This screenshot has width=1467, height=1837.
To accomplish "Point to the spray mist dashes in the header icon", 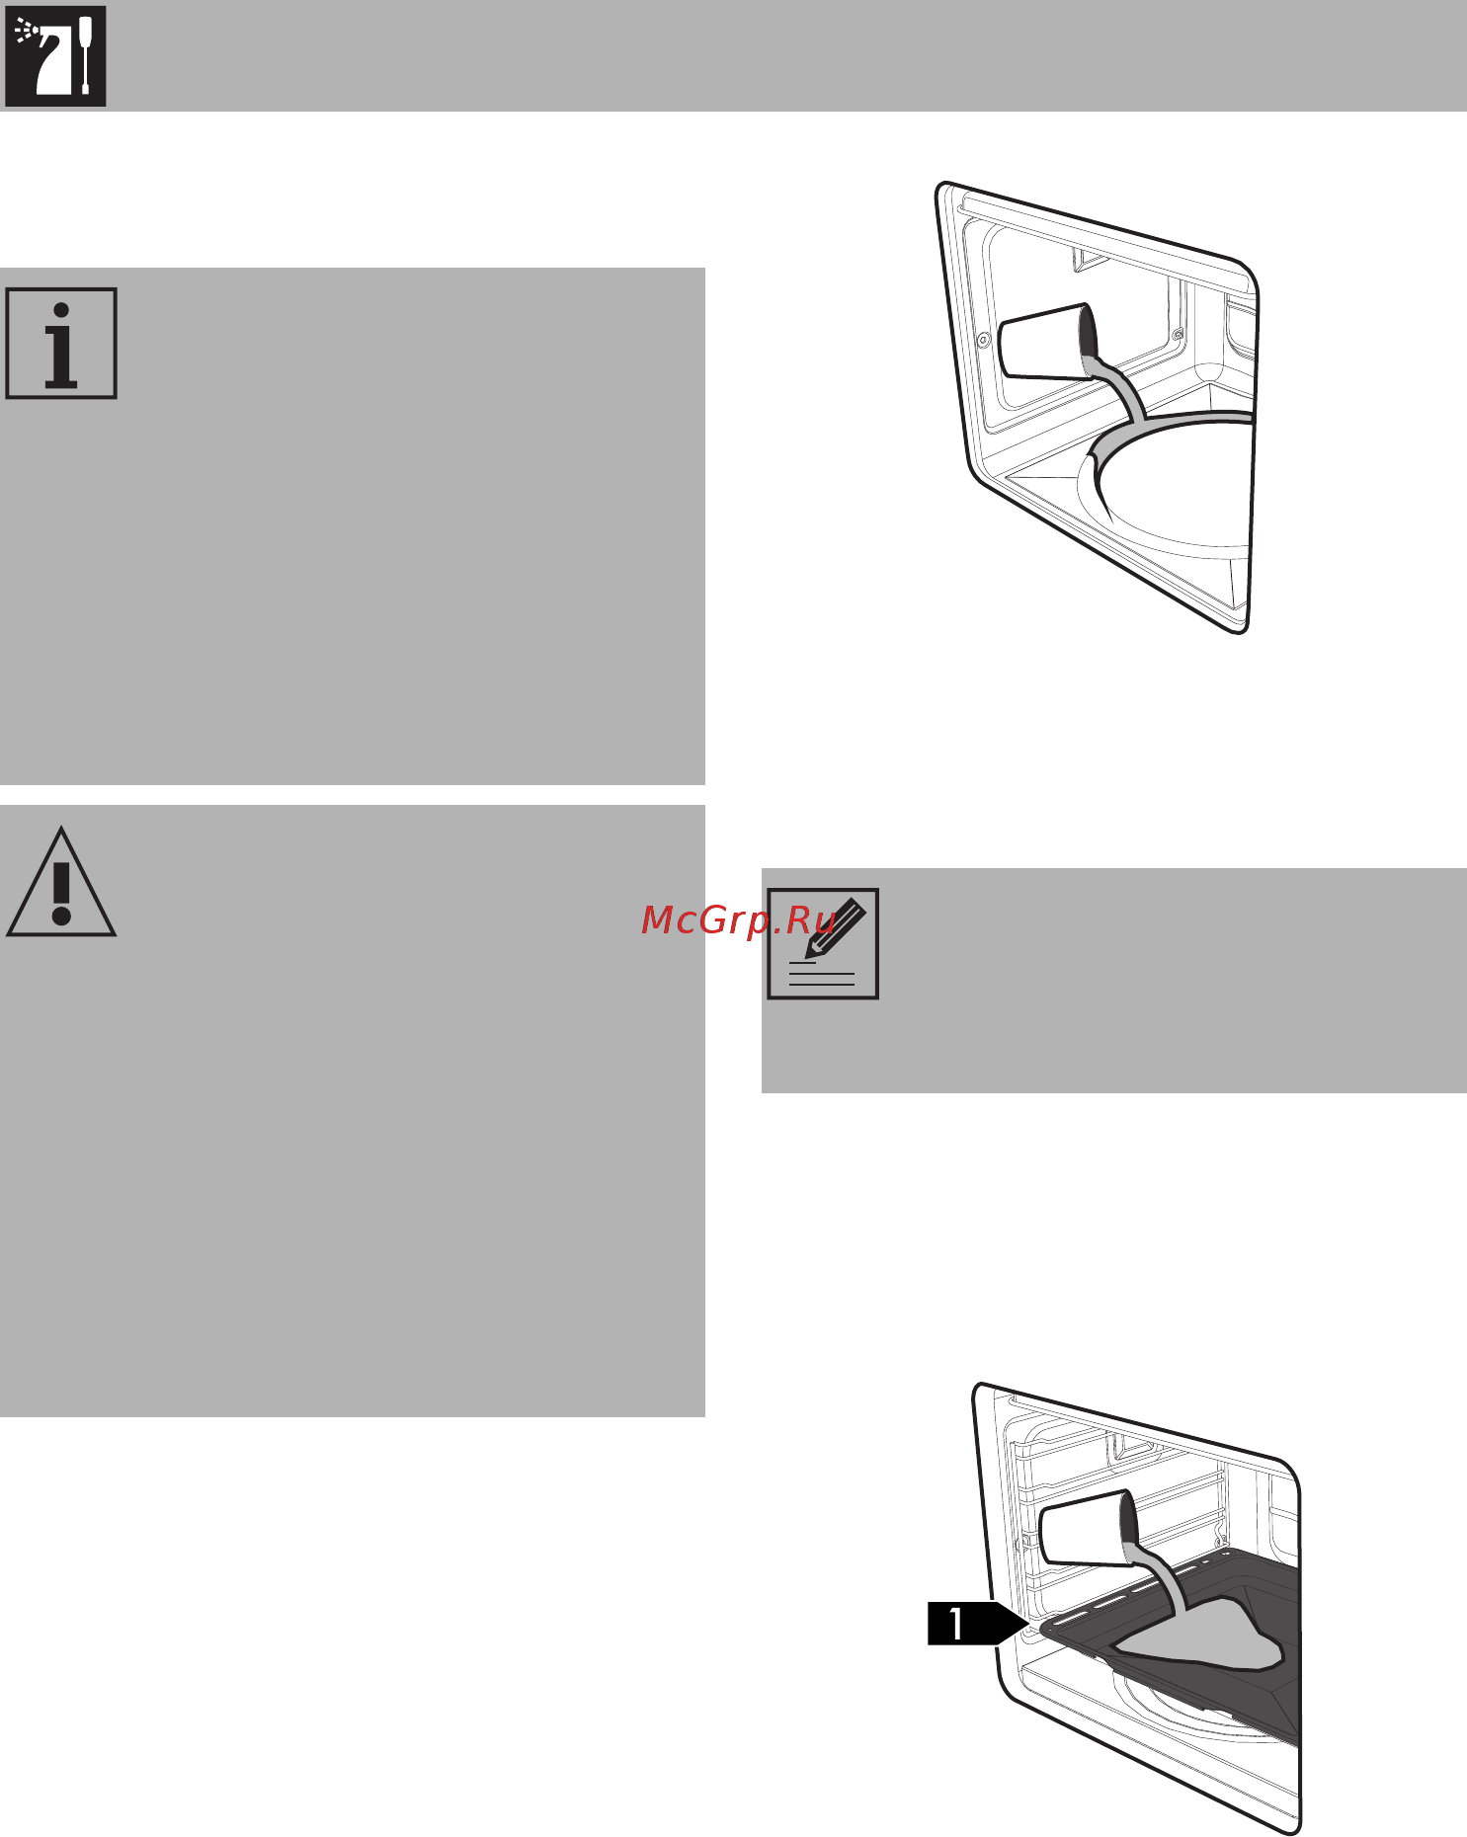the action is click(x=26, y=34).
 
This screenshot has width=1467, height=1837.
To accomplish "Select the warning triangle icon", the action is click(x=61, y=882).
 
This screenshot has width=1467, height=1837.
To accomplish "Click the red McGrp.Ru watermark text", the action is click(x=739, y=920).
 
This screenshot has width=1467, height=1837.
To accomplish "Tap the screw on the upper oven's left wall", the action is click(x=983, y=340).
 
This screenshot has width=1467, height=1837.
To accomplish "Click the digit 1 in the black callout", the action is click(x=956, y=1624).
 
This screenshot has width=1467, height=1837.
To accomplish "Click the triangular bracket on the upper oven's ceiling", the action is click(x=1090, y=258).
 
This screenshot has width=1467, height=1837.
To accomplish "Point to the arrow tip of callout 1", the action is click(x=1029, y=1624).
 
